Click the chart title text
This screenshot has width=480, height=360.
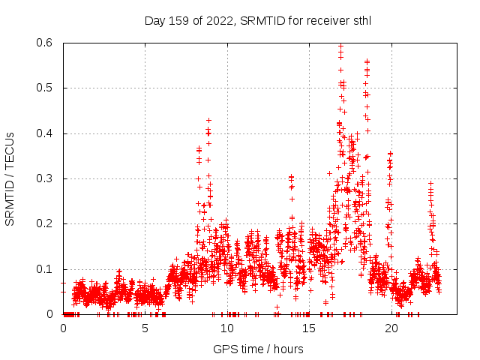[x=258, y=20]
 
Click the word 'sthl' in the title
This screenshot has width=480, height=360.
[x=360, y=20]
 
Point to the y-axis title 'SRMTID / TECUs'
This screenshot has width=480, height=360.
[x=10, y=178]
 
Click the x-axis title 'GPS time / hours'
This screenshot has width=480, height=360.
[x=258, y=349]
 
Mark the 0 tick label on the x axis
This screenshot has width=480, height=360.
[x=63, y=328]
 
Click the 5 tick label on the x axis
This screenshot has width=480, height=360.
[x=145, y=328]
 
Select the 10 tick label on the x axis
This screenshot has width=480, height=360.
[x=227, y=328]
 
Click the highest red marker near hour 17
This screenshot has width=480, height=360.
[x=341, y=45]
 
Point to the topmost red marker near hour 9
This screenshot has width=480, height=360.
[x=208, y=120]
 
